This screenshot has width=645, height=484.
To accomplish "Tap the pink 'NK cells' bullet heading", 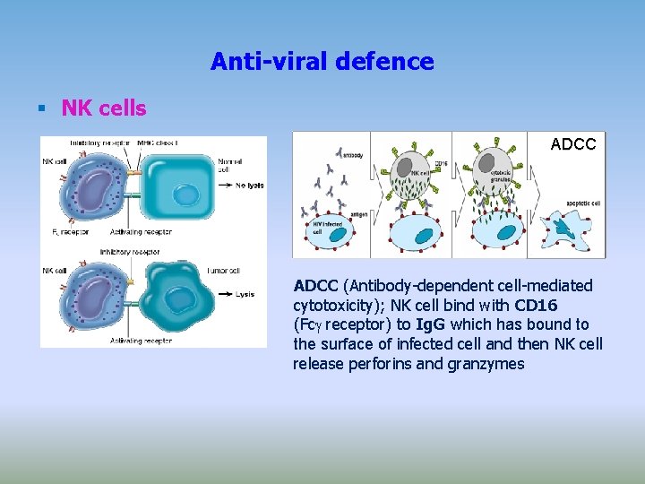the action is click(104, 108).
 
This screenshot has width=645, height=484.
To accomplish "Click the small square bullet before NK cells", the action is click(40, 109).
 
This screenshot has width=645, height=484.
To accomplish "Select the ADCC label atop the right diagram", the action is click(572, 144).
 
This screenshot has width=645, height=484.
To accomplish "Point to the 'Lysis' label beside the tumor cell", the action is click(245, 294).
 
